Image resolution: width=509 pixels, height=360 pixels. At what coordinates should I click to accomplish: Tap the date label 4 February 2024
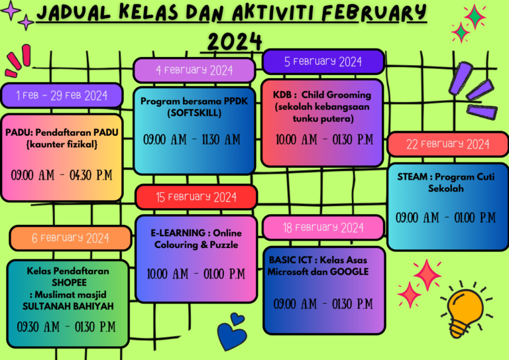point(194,70)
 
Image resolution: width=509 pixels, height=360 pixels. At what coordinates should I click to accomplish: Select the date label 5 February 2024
point(323,62)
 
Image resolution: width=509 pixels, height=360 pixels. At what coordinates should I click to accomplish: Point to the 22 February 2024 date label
point(447,144)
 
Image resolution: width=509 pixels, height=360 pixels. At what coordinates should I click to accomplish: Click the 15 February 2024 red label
point(196,197)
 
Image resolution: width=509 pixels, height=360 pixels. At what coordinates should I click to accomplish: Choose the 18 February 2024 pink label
point(323,227)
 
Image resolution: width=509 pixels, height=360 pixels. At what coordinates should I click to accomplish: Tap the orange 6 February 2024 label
point(70,238)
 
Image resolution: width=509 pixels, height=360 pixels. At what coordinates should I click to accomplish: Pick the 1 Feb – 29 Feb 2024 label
point(62,95)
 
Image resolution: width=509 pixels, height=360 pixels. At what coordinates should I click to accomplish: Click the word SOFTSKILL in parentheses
point(194,113)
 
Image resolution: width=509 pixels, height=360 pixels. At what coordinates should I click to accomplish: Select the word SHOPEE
point(69,282)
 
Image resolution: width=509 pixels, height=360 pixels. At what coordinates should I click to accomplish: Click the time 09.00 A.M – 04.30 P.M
point(62,175)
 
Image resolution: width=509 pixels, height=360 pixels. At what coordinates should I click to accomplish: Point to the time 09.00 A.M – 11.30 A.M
point(192,140)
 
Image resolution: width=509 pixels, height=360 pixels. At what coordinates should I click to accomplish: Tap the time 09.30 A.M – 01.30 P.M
point(66,327)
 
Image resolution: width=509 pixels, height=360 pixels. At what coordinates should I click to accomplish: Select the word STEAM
point(412,177)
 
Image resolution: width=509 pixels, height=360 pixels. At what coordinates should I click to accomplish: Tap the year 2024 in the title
point(235,42)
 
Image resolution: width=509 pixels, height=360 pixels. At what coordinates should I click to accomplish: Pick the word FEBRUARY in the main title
point(374,13)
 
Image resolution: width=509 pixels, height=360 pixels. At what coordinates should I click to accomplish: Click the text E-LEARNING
point(178,233)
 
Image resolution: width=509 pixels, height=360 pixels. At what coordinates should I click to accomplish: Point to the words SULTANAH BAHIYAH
point(68,306)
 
